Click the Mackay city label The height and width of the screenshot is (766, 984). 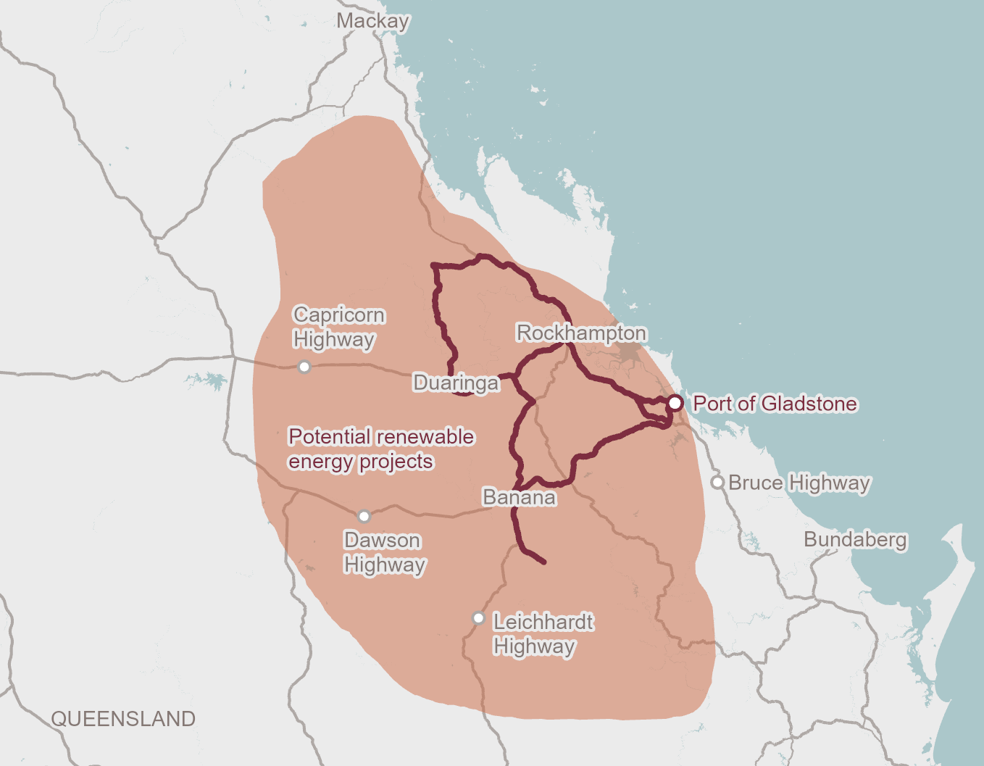click(372, 21)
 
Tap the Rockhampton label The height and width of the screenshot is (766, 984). click(581, 333)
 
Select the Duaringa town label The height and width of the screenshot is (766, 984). click(456, 383)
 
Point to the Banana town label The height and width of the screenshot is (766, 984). click(519, 498)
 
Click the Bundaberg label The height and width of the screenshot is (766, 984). click(855, 540)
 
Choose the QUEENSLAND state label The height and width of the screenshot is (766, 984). click(123, 719)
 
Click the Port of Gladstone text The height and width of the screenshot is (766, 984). click(775, 404)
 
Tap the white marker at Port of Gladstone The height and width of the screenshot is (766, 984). click(675, 403)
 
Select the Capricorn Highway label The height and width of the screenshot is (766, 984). click(338, 328)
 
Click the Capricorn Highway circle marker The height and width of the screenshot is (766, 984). click(304, 367)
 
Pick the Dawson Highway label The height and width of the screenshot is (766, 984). click(384, 553)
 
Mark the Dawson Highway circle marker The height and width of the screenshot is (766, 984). click(364, 516)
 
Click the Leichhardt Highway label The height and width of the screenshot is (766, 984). click(542, 634)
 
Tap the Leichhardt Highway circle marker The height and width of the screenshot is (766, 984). click(478, 618)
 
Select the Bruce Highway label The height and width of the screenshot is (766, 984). click(799, 483)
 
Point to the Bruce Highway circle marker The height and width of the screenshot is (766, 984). click(717, 483)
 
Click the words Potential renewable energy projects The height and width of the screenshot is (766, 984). click(380, 449)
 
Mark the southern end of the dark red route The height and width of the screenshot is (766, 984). click(543, 562)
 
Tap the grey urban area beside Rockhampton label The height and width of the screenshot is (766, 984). click(629, 354)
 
